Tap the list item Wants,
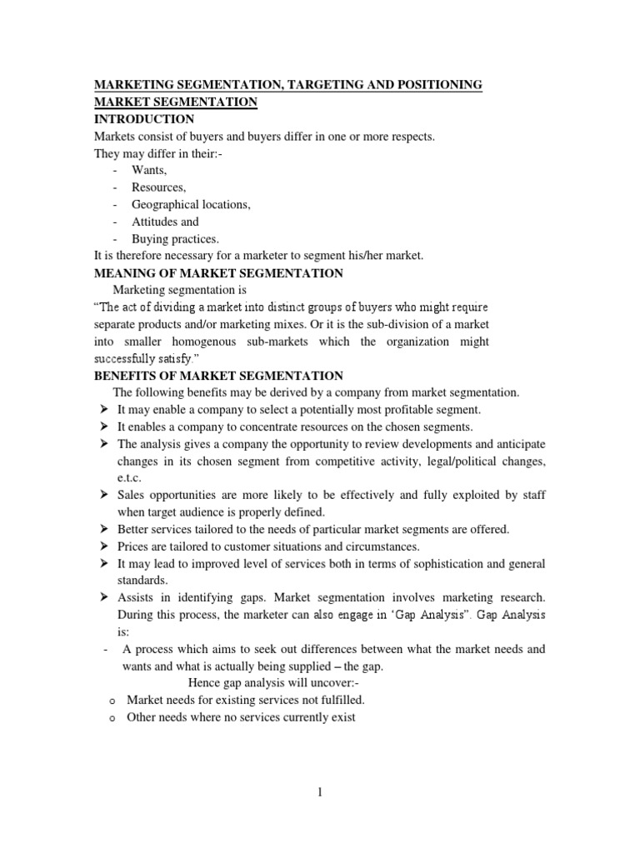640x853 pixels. coord(149,169)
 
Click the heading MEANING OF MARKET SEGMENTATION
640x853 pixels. coord(217,273)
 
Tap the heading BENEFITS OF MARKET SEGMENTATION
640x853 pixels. coord(217,376)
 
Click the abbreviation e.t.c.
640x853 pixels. coord(130,478)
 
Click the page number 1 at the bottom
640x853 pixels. coord(319,793)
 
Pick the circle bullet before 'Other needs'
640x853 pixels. coord(111,718)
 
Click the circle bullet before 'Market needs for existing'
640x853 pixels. coord(111,701)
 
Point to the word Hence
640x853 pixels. coord(204,683)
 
